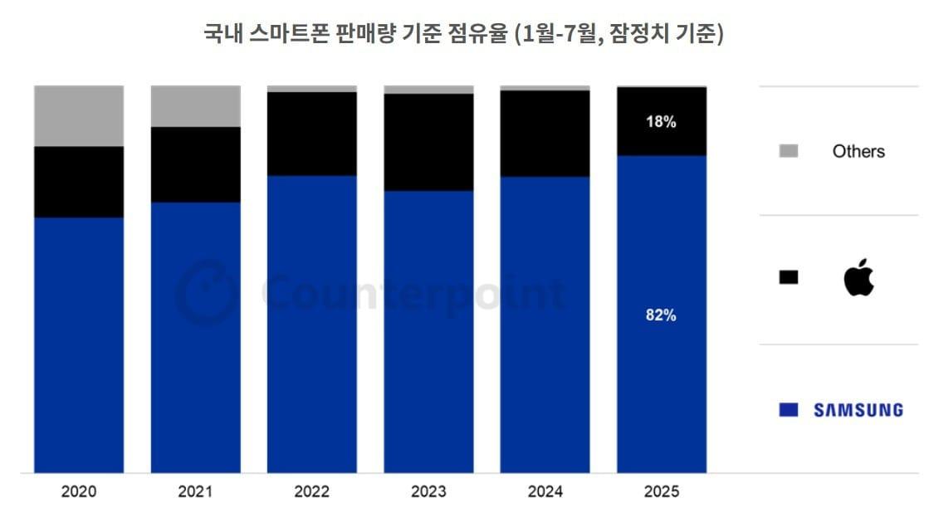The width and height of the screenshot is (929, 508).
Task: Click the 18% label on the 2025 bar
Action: point(661,122)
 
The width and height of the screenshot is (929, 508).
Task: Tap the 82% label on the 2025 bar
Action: point(661,315)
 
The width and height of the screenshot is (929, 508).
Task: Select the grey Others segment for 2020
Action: point(79,115)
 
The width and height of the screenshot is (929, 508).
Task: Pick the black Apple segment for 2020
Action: point(79,182)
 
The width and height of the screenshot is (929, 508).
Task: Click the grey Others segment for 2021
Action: point(195,105)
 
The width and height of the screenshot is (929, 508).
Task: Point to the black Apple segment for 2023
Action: point(428,142)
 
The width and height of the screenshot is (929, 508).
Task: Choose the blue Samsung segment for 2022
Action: point(312,324)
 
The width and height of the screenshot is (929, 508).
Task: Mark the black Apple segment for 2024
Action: point(545,133)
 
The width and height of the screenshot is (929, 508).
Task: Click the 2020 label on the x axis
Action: point(79,491)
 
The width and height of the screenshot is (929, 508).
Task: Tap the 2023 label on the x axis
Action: point(428,491)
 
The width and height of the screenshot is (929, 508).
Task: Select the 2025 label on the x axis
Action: point(661,491)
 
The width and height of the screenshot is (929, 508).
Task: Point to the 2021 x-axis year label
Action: point(195,491)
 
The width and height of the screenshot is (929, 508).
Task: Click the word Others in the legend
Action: point(858,151)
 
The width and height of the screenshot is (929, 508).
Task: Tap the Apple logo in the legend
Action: point(858,277)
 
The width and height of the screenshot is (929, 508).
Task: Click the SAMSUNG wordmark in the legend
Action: point(858,410)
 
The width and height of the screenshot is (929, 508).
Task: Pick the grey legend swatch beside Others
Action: point(789,151)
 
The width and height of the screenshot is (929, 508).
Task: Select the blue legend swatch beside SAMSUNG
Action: point(789,410)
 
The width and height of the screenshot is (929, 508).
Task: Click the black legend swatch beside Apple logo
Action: point(789,277)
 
